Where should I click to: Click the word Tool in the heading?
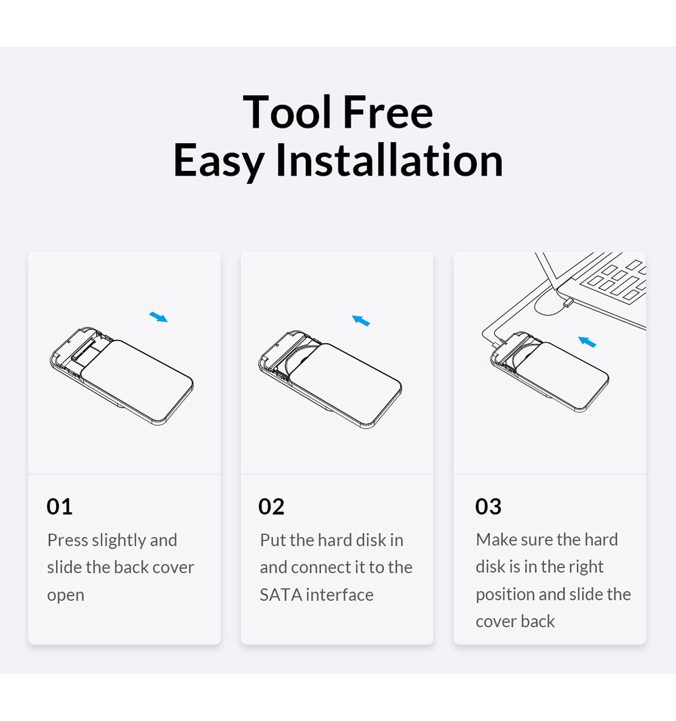pyautogui.click(x=287, y=111)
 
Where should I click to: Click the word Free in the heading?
pyautogui.click(x=388, y=111)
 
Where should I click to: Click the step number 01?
pyautogui.click(x=59, y=507)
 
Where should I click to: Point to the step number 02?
pyautogui.click(x=271, y=507)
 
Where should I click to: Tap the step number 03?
pyautogui.click(x=488, y=507)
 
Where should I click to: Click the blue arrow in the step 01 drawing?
pyautogui.click(x=158, y=317)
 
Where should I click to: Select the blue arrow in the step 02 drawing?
pyautogui.click(x=361, y=320)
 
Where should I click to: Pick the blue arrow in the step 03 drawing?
pyautogui.click(x=587, y=342)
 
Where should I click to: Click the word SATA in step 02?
pyautogui.click(x=281, y=595)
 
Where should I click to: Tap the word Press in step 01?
pyautogui.click(x=68, y=540)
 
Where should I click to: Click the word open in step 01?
pyautogui.click(x=66, y=596)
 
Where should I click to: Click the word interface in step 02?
pyautogui.click(x=339, y=595)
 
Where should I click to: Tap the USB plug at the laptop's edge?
pyautogui.click(x=568, y=303)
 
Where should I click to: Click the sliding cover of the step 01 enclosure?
pyautogui.click(x=138, y=381)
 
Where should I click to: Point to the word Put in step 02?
pyautogui.click(x=272, y=540)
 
